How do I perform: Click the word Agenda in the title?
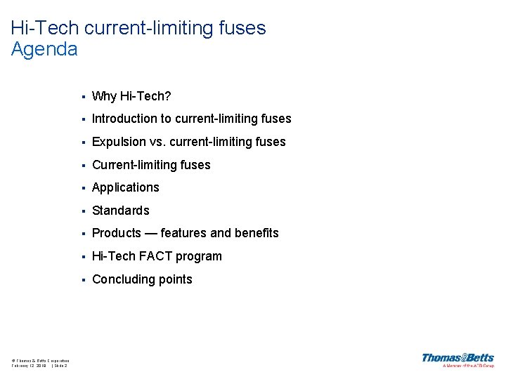tap(44, 49)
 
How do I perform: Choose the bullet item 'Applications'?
tap(126, 187)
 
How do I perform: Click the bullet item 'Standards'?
tap(121, 211)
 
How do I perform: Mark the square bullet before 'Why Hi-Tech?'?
tap(83, 97)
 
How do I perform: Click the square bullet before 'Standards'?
tap(83, 211)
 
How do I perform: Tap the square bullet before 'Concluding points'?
tap(83, 280)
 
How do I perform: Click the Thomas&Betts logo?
tap(458, 357)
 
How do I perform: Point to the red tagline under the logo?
tap(468, 366)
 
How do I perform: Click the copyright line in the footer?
tap(40, 360)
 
